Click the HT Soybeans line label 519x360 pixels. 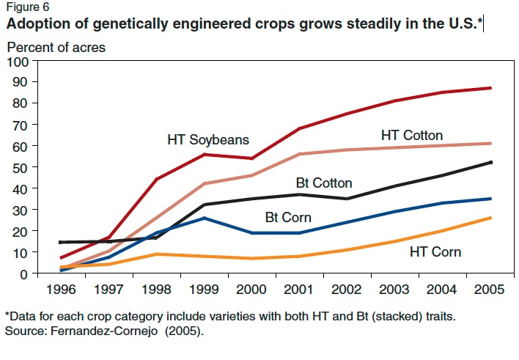[x=208, y=139]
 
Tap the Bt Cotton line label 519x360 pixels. [x=324, y=183]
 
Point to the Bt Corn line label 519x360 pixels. [x=288, y=217]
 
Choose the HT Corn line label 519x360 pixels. [x=435, y=251]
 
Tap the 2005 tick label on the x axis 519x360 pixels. [x=490, y=289]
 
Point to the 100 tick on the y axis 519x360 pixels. [x=17, y=61]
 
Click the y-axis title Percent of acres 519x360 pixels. [x=56, y=48]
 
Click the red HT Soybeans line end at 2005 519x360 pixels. [x=490, y=88]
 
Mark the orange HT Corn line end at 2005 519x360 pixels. [x=490, y=218]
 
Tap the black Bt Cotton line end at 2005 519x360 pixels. [x=490, y=162]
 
